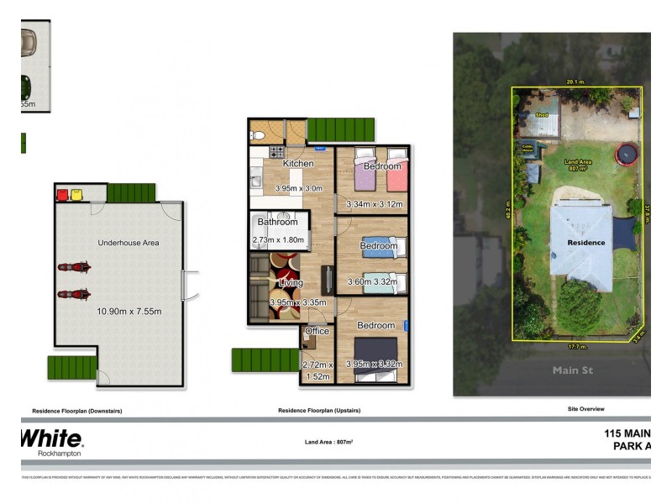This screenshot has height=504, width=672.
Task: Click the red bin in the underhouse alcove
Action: click(x=62, y=195)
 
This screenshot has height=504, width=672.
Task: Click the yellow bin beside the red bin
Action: click(x=76, y=195)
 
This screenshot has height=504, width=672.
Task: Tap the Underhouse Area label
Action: click(x=129, y=243)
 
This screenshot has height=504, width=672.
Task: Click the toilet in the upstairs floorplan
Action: click(x=260, y=134)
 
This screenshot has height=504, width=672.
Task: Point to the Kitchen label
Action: click(x=298, y=164)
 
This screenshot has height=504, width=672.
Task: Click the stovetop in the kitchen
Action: click(x=275, y=152)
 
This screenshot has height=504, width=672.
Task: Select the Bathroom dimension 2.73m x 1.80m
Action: click(x=277, y=240)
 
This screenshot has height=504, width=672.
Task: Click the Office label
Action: click(x=317, y=332)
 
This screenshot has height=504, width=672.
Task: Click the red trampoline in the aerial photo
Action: click(x=627, y=155)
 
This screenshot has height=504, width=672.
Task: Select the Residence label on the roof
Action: click(x=585, y=243)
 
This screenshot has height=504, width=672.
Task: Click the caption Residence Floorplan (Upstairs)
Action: click(x=318, y=411)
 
